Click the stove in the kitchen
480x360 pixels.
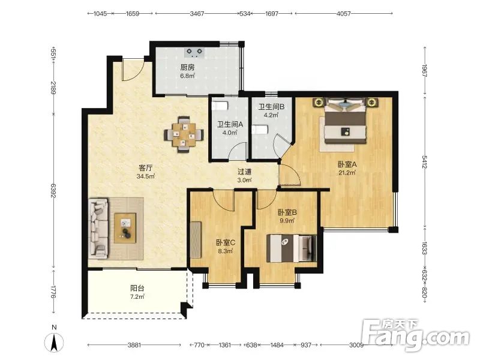194,52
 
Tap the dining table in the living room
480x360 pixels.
184,134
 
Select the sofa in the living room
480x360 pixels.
98,229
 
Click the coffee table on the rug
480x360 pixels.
125,228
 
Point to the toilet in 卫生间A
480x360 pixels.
220,106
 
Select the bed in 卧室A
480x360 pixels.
346,121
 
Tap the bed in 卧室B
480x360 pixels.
292,248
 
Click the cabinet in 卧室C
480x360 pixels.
196,239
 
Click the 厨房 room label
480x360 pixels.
187,67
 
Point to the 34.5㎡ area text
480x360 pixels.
146,176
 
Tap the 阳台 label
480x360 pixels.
137,288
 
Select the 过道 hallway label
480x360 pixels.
245,172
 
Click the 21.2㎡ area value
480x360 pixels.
347,173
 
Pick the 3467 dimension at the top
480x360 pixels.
197,13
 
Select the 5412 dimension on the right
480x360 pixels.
425,162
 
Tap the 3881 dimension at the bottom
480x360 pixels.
134,345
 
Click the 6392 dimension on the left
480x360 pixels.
53,190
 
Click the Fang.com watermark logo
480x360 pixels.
415,334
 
